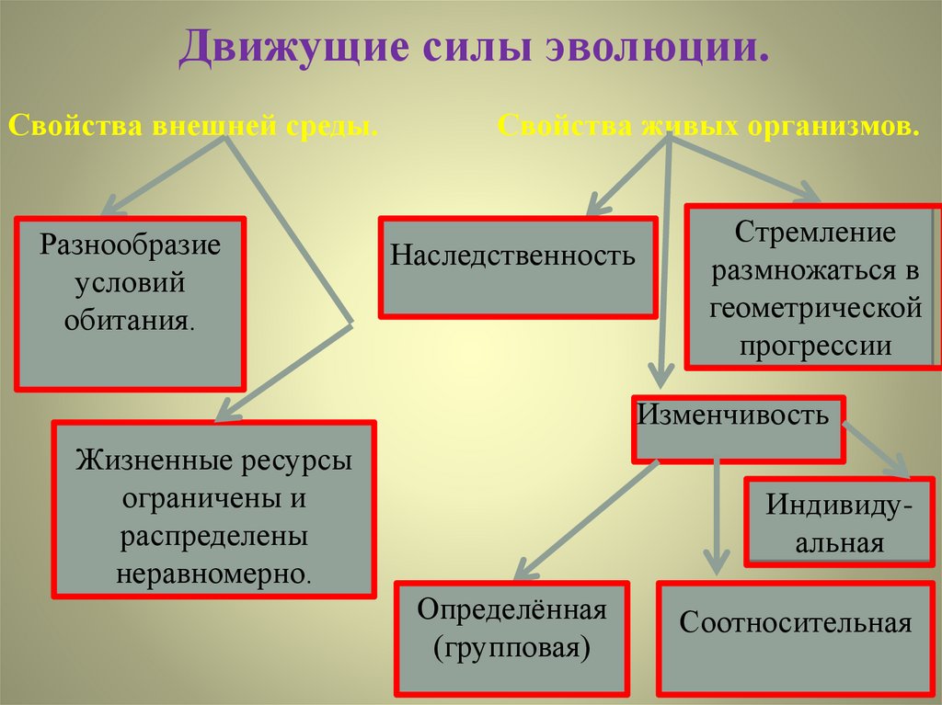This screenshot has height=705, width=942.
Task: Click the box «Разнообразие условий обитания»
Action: click(131, 302)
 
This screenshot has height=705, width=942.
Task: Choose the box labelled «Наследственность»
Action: click(518, 267)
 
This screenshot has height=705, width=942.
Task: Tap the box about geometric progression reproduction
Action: click(814, 287)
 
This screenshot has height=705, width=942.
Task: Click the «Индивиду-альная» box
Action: click(839, 521)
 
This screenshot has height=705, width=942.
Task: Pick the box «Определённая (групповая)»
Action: click(511, 637)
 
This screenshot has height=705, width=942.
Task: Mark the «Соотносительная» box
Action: click(795, 637)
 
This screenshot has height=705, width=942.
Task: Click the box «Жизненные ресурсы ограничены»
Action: click(213, 508)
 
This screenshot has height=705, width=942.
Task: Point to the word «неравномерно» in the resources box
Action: click(213, 574)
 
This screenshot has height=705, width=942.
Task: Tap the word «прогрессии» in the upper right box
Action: click(815, 346)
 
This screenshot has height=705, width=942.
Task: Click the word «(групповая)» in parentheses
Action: click(511, 649)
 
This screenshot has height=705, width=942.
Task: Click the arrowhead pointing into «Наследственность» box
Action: click(597, 204)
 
